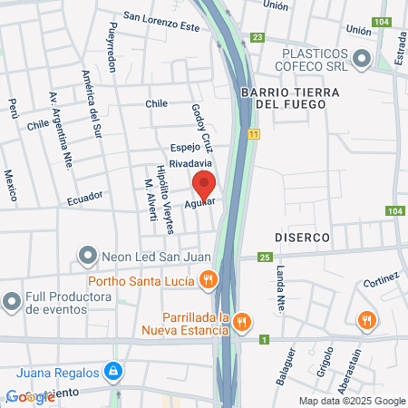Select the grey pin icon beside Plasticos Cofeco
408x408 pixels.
tap(362, 59)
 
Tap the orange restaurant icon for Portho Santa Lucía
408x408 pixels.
tap(208, 280)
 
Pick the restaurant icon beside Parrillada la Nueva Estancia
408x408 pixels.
tap(241, 321)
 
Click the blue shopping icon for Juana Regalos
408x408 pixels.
tap(112, 370)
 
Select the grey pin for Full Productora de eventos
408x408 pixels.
tap(11, 299)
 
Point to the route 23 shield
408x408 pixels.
tap(258, 37)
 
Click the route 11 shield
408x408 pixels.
tap(254, 134)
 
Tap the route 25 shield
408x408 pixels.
tap(264, 258)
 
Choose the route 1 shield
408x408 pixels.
tap(263, 340)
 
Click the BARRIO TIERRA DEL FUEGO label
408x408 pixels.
tap(290, 100)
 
